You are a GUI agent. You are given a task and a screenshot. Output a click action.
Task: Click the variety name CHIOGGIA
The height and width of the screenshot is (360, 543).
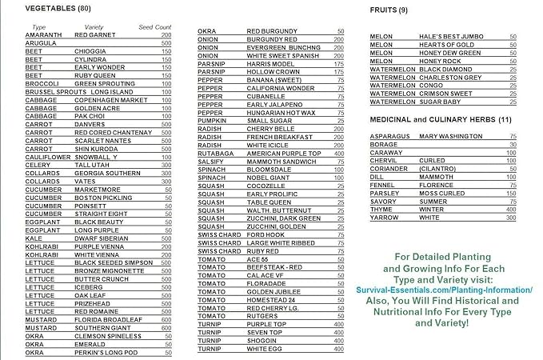pos(90,51)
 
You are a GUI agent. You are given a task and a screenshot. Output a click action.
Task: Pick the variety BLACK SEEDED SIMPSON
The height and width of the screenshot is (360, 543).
pos(113,262)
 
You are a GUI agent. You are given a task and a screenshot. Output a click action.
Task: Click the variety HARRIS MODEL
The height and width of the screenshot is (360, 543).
pos(270,64)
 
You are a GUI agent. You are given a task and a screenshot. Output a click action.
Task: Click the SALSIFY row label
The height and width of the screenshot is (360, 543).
pos(211,162)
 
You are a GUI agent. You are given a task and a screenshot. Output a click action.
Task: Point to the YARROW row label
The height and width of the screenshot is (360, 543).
pos(385,217)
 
